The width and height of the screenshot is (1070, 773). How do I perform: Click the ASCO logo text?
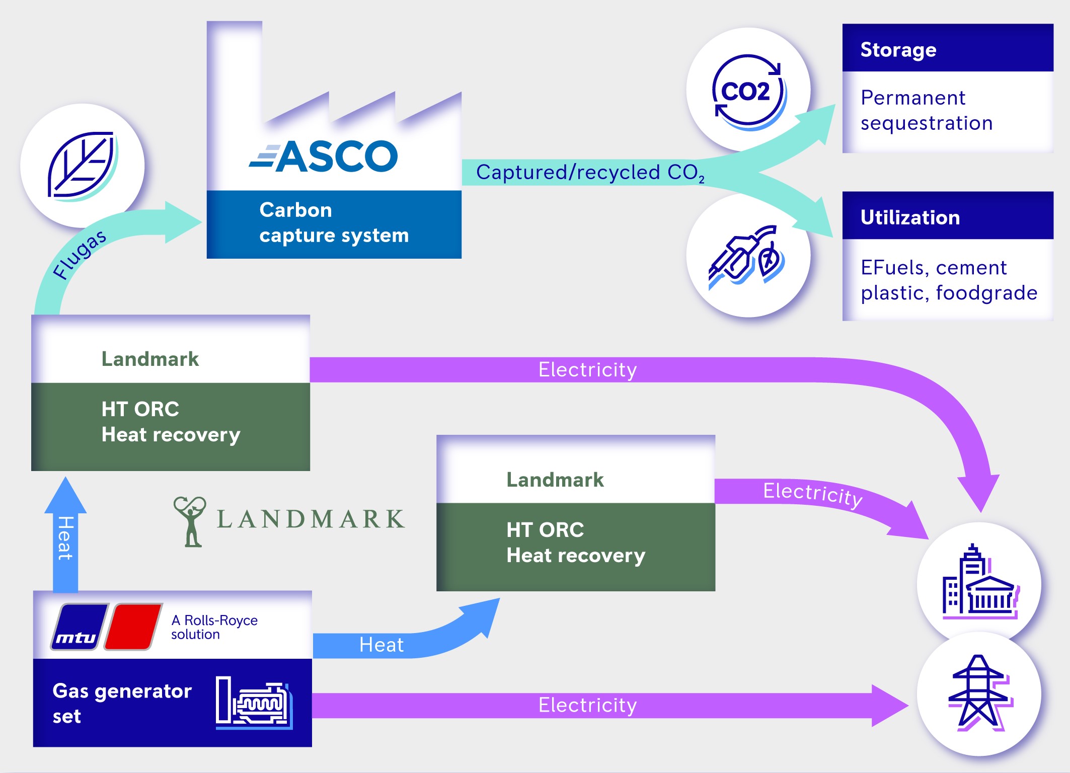(325, 156)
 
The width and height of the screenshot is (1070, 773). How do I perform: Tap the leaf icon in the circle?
(82, 166)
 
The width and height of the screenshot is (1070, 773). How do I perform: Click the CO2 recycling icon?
(748, 91)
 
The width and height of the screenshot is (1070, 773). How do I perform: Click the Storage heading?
(898, 49)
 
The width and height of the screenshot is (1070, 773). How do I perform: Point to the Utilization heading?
(910, 217)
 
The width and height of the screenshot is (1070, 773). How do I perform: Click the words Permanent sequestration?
(926, 110)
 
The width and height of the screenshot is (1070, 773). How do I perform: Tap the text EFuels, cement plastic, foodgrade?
(948, 280)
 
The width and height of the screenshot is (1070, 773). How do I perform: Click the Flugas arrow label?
(79, 254)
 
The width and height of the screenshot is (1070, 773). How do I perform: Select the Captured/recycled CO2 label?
(589, 173)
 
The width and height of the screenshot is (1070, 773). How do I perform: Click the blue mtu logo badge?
(79, 627)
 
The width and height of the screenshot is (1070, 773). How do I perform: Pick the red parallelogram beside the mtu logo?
(133, 627)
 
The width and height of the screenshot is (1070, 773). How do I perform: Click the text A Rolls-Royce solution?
(214, 627)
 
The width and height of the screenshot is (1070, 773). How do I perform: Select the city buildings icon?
(979, 584)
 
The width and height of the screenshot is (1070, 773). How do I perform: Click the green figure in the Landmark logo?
(190, 521)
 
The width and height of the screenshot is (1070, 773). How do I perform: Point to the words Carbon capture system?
(333, 222)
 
